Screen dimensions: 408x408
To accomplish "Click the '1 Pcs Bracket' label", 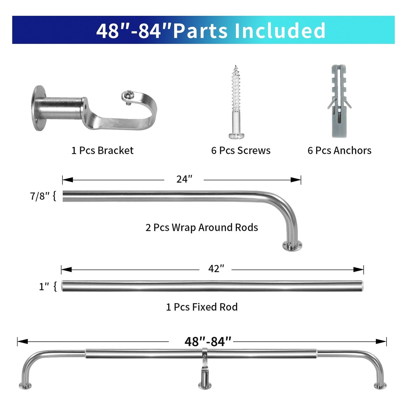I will point(102,150).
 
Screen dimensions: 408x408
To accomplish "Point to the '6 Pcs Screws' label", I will point(241,150).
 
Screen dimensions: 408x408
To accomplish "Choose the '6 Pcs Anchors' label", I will point(339,150).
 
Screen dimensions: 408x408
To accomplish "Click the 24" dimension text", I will point(184,179).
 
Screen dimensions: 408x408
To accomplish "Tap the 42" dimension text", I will point(216,269).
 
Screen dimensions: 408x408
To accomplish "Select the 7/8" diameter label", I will point(40,196).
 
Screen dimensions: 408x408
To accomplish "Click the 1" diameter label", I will point(44,287).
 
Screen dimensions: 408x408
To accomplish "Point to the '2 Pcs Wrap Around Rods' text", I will point(202,228).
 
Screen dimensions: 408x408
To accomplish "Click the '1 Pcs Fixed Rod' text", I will point(202,307).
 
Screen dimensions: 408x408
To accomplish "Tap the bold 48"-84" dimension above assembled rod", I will point(208,342).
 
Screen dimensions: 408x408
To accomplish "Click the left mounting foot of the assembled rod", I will point(25,385).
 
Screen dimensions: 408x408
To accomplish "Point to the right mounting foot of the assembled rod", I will point(380,385).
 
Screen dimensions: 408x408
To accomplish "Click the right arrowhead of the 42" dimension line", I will point(359,270).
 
